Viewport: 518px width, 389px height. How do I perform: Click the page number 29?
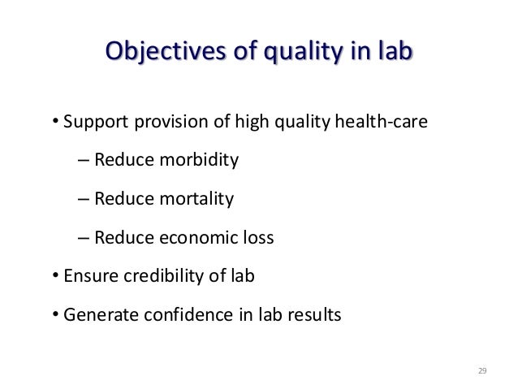click(481, 371)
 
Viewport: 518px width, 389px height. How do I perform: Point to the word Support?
click(92, 124)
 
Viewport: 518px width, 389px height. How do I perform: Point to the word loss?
click(258, 238)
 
